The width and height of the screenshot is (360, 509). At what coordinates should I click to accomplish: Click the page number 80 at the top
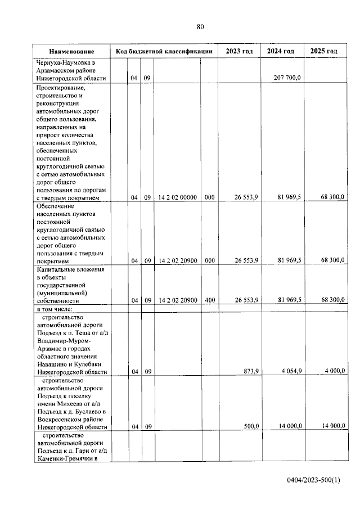click(200, 26)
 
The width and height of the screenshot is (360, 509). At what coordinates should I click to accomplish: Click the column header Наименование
click(71, 52)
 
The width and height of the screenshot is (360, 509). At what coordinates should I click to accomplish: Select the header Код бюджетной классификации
click(164, 52)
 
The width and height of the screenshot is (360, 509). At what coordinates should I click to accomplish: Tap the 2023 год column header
click(239, 52)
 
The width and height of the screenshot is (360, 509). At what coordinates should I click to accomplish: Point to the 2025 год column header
click(324, 52)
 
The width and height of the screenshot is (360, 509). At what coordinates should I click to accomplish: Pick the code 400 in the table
click(210, 300)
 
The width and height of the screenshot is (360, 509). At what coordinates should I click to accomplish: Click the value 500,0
click(250, 427)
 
